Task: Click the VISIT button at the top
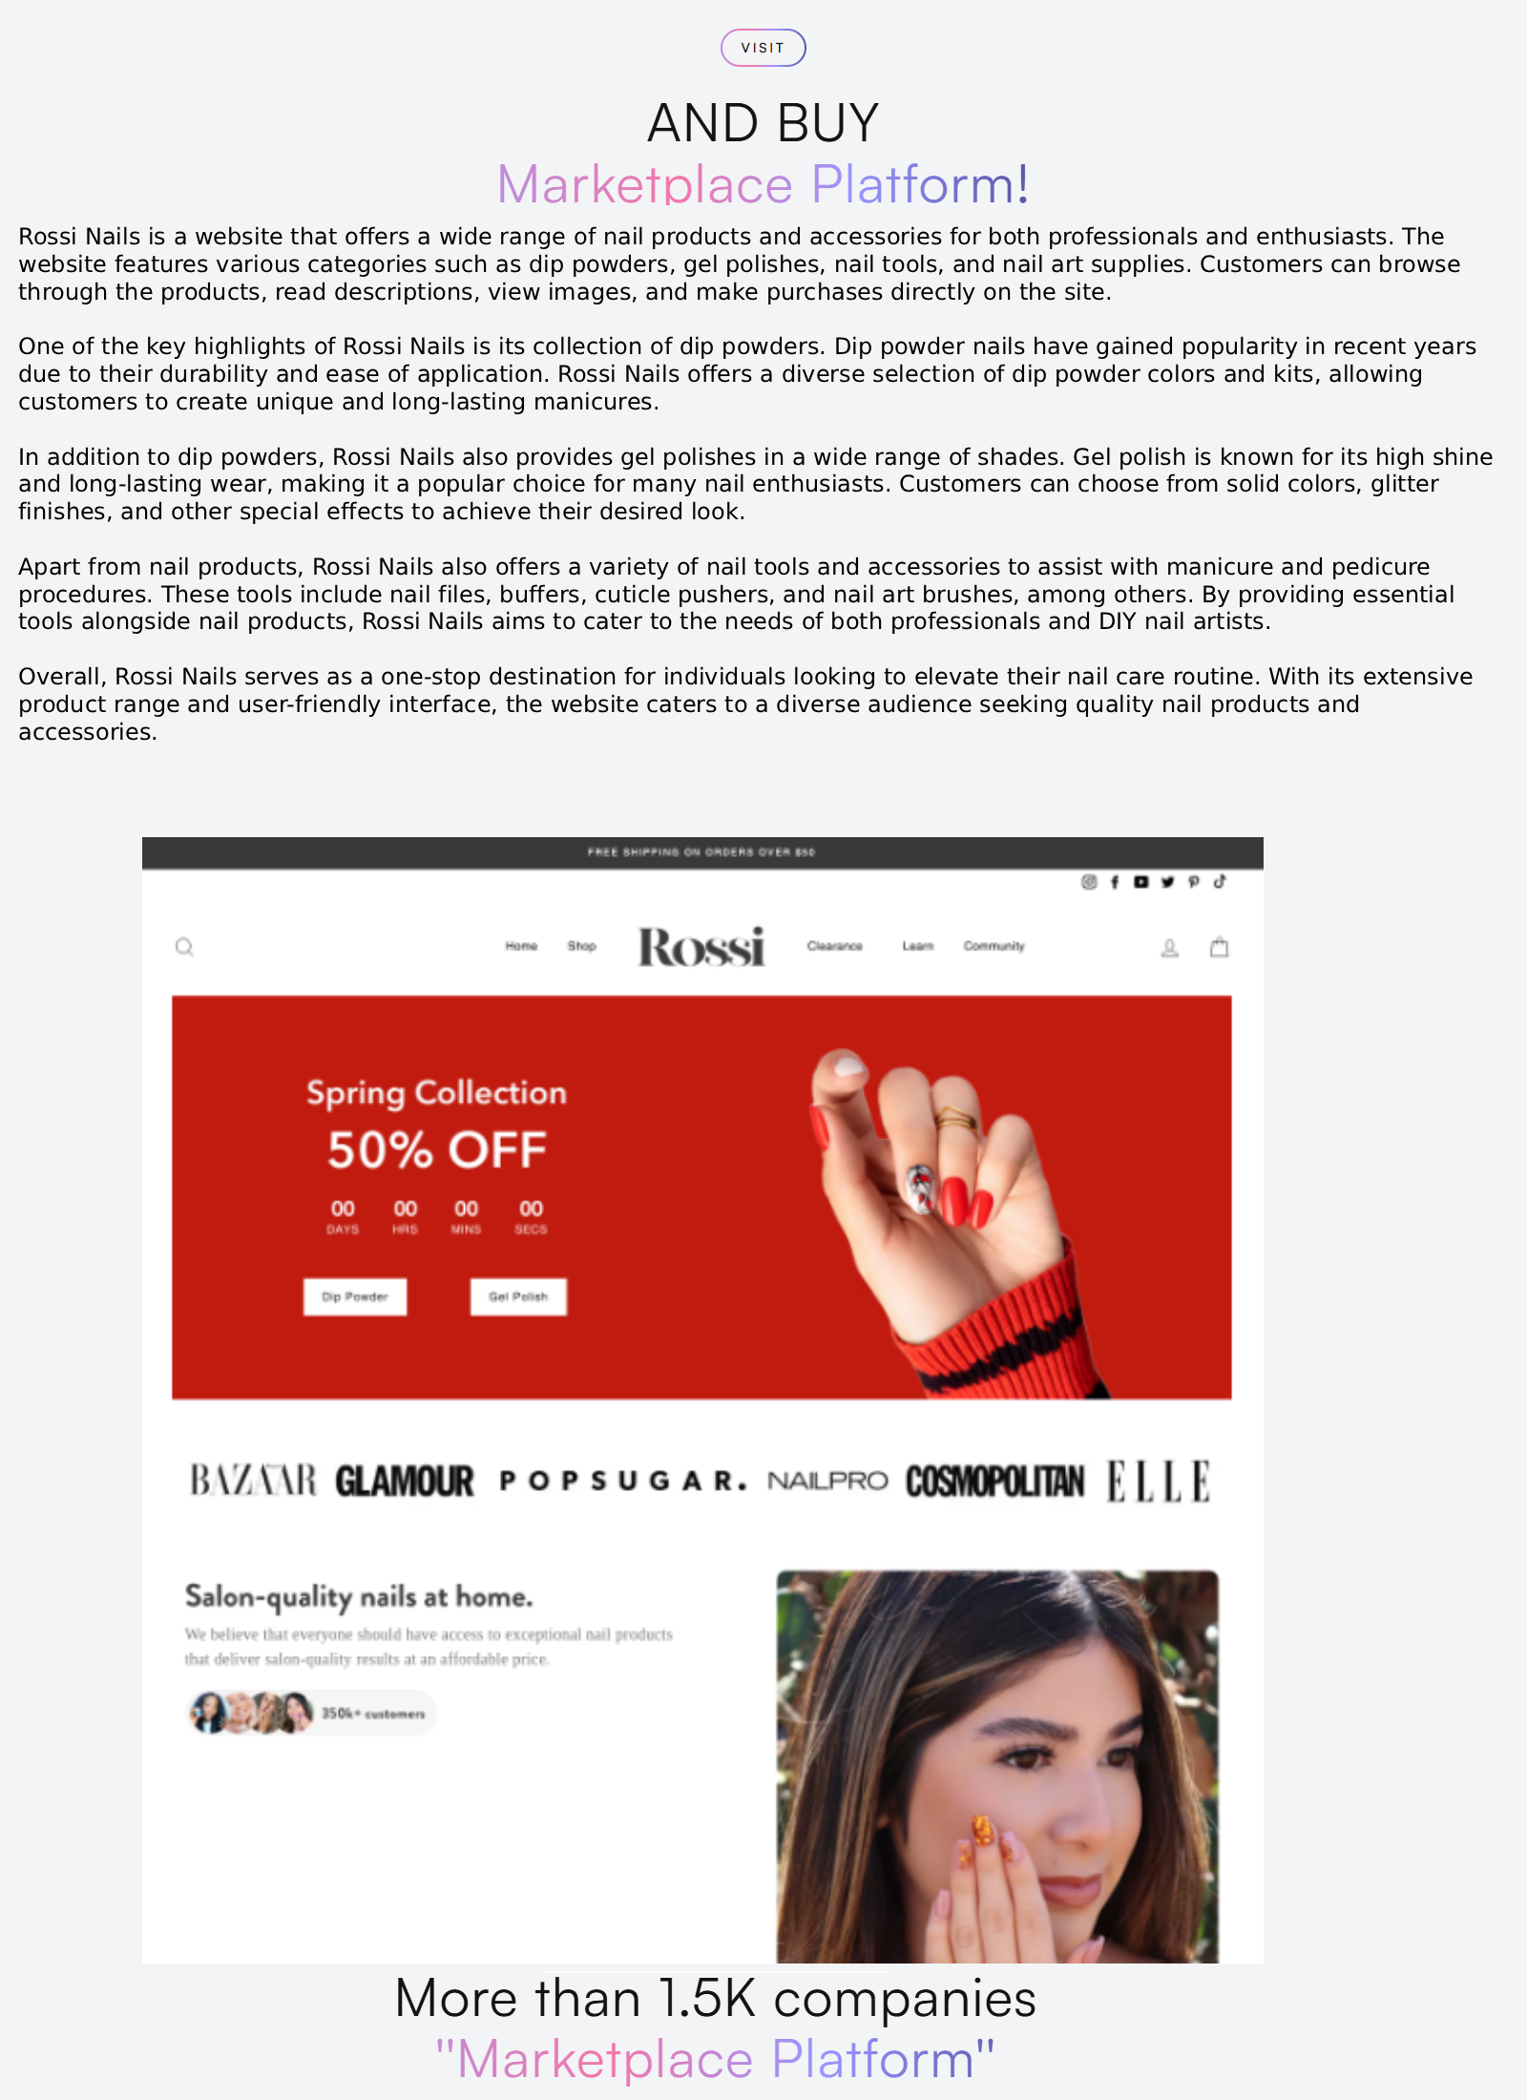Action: point(763,48)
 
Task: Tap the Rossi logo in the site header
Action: point(701,946)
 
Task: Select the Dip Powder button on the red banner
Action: point(355,1296)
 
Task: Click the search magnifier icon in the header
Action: point(184,947)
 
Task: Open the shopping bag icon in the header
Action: point(1219,947)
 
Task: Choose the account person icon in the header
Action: point(1169,948)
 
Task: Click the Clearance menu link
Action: point(834,946)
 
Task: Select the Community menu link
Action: point(994,946)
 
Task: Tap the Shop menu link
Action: point(581,946)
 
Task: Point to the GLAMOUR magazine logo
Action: point(405,1481)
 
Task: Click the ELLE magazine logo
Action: point(1158,1481)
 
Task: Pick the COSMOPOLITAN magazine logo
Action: point(994,1481)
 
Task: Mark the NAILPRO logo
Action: point(827,1481)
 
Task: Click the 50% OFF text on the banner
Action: point(437,1149)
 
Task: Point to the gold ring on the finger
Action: point(955,1118)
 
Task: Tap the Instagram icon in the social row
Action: point(1089,882)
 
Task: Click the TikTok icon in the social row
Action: point(1220,882)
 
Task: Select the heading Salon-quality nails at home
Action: point(359,1596)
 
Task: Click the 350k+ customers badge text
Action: point(372,1713)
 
